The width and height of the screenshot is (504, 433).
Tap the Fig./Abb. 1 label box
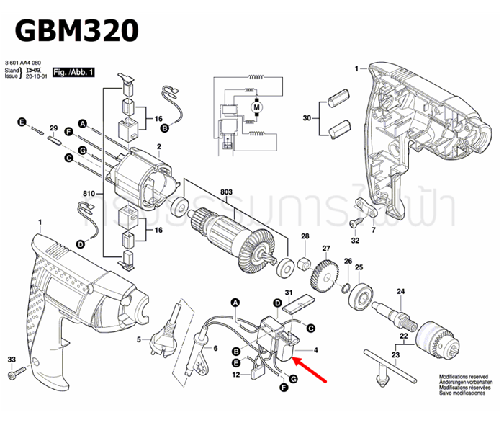point(73,73)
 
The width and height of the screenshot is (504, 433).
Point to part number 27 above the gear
point(326,249)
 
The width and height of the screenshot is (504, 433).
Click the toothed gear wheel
point(325,273)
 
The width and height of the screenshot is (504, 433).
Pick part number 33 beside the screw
point(12,359)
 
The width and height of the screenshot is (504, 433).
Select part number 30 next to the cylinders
point(307,117)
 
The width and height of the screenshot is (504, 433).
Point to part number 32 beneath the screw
point(355,240)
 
